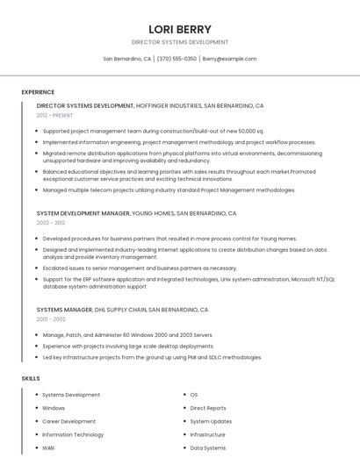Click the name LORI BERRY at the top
[x=180, y=29]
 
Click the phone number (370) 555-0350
[x=176, y=59]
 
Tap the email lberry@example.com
[x=229, y=59]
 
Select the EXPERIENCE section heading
[x=38, y=92]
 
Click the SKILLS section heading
[x=31, y=378]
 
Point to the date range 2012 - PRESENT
[x=55, y=115]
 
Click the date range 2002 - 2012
[x=51, y=223]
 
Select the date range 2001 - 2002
[x=51, y=319]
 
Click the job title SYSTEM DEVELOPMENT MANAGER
[x=83, y=213]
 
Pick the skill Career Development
[x=69, y=421]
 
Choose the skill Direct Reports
[x=208, y=408]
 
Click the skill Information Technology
[x=73, y=434]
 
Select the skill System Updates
[x=211, y=421]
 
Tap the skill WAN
[x=48, y=447]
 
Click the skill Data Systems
[x=208, y=447]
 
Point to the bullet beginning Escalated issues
[x=140, y=268]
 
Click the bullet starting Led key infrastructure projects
[x=152, y=357]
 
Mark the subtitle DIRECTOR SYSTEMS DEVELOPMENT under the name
[x=180, y=42]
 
